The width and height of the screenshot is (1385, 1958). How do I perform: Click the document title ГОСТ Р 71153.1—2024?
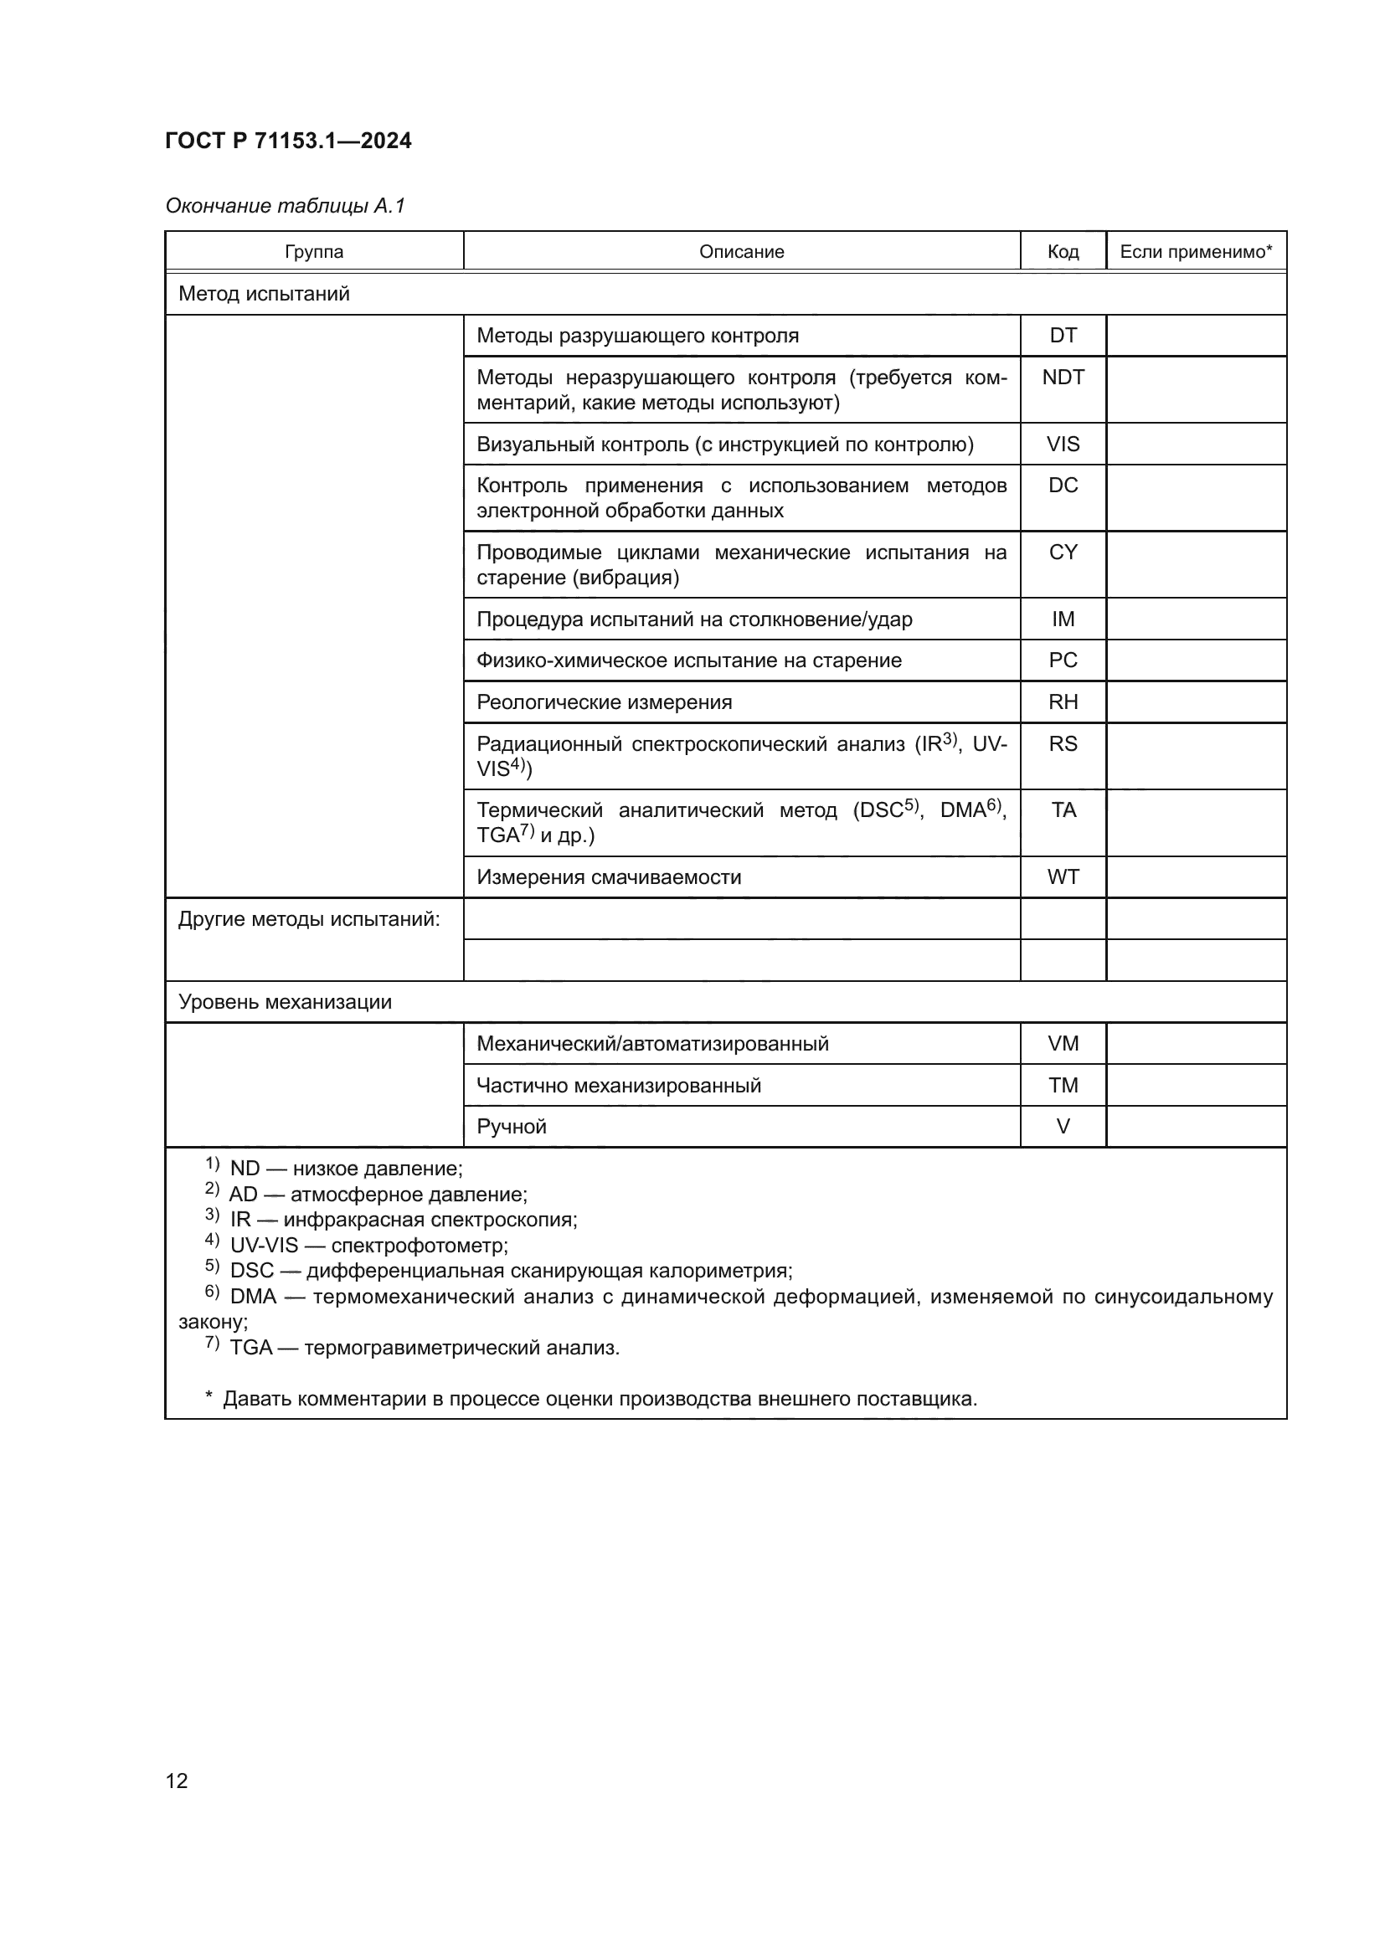pos(288,141)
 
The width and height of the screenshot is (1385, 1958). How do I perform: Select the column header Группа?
pos(314,252)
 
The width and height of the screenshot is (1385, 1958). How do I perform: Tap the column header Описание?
pos(741,252)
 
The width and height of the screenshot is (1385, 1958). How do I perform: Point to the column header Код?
pos(1063,252)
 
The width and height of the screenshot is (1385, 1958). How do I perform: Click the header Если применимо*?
pos(1196,252)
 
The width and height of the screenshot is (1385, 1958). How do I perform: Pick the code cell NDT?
pos(1063,377)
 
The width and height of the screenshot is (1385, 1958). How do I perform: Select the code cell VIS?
pos(1063,445)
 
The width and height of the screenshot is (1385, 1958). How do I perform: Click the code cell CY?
pos(1063,552)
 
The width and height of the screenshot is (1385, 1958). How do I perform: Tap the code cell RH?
pos(1063,701)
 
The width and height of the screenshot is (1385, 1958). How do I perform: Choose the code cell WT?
pos(1063,876)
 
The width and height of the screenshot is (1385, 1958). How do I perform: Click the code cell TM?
pos(1063,1086)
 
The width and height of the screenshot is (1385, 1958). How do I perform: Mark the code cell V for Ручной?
pos(1063,1127)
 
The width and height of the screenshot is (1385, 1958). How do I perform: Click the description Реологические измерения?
pos(604,701)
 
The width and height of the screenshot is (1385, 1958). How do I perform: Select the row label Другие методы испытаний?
pos(309,919)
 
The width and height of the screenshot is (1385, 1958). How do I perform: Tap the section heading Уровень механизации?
pos(285,1002)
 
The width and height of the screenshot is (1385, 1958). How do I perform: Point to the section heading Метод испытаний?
pos(265,294)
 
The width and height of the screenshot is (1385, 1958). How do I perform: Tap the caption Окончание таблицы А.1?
pos(285,206)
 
